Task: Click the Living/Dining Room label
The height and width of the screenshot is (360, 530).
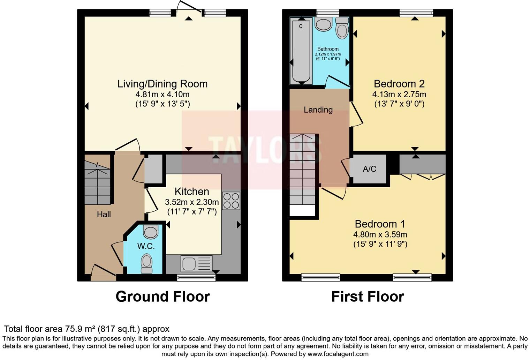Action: click(x=162, y=84)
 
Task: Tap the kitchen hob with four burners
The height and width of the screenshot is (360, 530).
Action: click(x=231, y=201)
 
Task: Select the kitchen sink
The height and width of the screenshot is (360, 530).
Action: click(x=196, y=263)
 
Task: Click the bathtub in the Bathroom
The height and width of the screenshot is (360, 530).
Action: click(x=301, y=50)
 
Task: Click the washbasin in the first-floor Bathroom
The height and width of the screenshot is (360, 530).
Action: click(x=323, y=24)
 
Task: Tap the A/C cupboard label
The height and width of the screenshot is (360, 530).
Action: click(x=369, y=169)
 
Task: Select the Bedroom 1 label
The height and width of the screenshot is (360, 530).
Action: click(x=380, y=224)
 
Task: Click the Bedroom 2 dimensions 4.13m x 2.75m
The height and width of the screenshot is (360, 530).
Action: click(x=399, y=94)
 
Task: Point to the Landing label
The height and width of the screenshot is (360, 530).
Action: click(x=318, y=110)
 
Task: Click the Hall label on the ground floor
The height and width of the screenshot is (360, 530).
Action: click(x=104, y=214)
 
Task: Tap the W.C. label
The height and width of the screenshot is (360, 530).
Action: click(x=146, y=246)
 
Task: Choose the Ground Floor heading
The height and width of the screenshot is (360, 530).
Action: click(x=162, y=297)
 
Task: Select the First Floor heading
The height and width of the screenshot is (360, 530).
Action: click(x=367, y=297)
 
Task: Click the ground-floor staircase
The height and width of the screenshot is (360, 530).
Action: click(x=97, y=183)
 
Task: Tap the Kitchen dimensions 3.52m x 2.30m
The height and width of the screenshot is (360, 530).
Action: click(x=192, y=202)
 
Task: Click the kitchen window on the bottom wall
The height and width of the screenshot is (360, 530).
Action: click(x=196, y=278)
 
